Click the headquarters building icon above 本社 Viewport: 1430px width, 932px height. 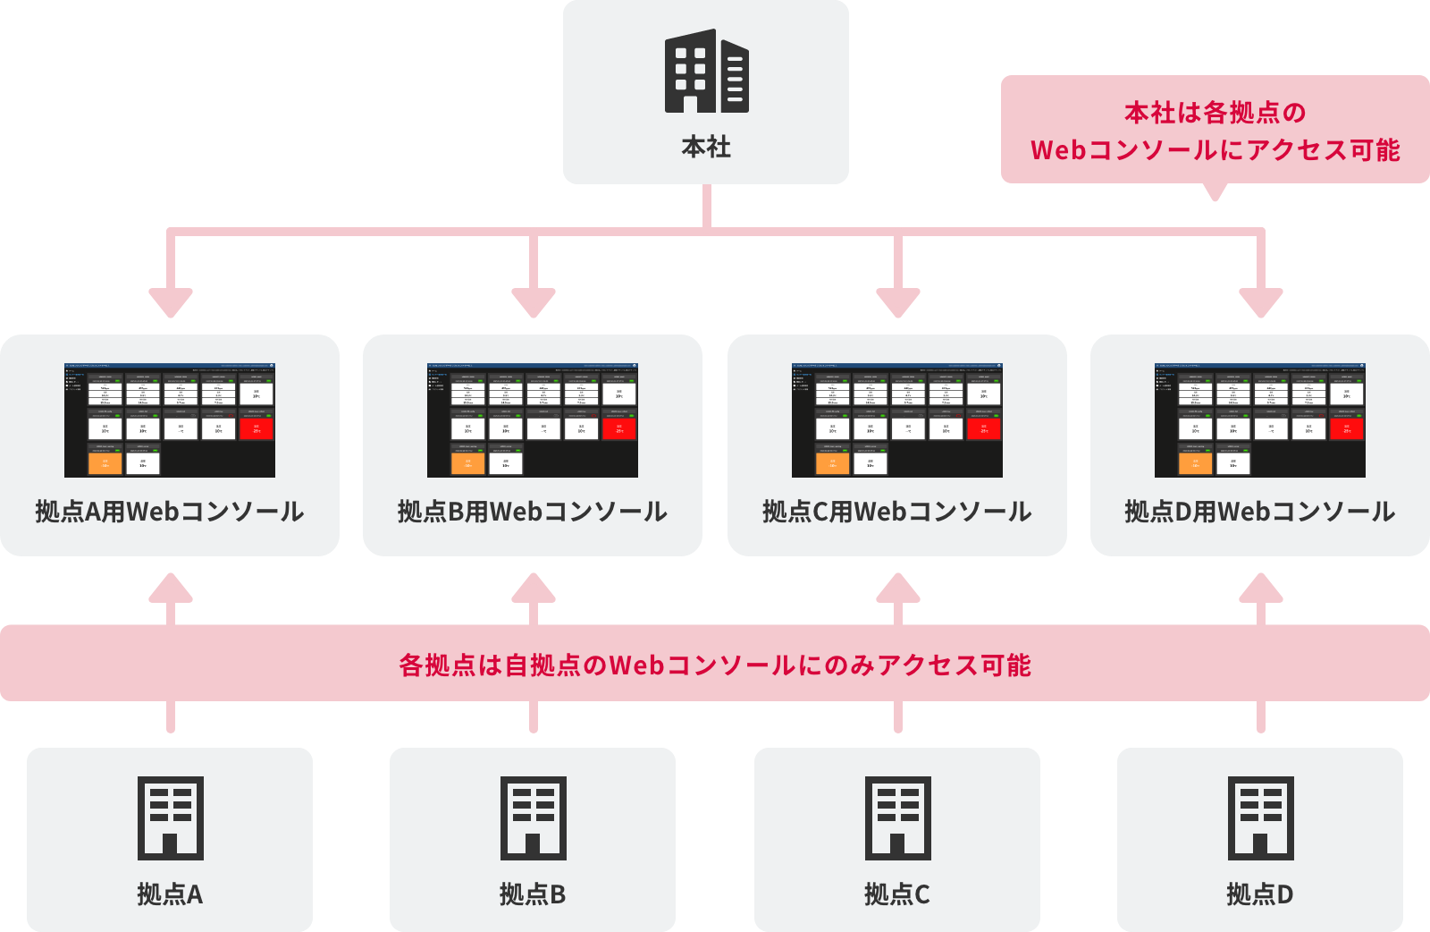[x=706, y=72]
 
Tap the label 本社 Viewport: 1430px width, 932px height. [x=706, y=147]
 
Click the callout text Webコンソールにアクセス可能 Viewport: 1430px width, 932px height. [x=1215, y=150]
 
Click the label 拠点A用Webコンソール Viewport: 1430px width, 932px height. [x=170, y=512]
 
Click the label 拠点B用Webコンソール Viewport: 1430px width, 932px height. [x=533, y=512]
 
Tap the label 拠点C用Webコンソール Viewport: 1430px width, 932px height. [x=897, y=512]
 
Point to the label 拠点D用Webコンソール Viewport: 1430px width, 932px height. [x=1260, y=512]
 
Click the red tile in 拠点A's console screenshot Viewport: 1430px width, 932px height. [x=257, y=429]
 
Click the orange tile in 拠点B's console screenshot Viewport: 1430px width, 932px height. [x=467, y=463]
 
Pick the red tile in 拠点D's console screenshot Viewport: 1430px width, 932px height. [x=1347, y=429]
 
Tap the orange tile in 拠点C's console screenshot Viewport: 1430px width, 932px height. [x=832, y=463]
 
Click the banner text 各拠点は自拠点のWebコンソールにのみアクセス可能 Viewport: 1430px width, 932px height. [x=715, y=665]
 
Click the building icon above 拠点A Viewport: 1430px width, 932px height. [x=170, y=818]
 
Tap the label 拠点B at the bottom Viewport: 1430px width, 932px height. [x=533, y=894]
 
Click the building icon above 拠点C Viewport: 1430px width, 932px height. [x=897, y=818]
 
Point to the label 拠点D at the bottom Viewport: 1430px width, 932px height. [x=1260, y=894]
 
